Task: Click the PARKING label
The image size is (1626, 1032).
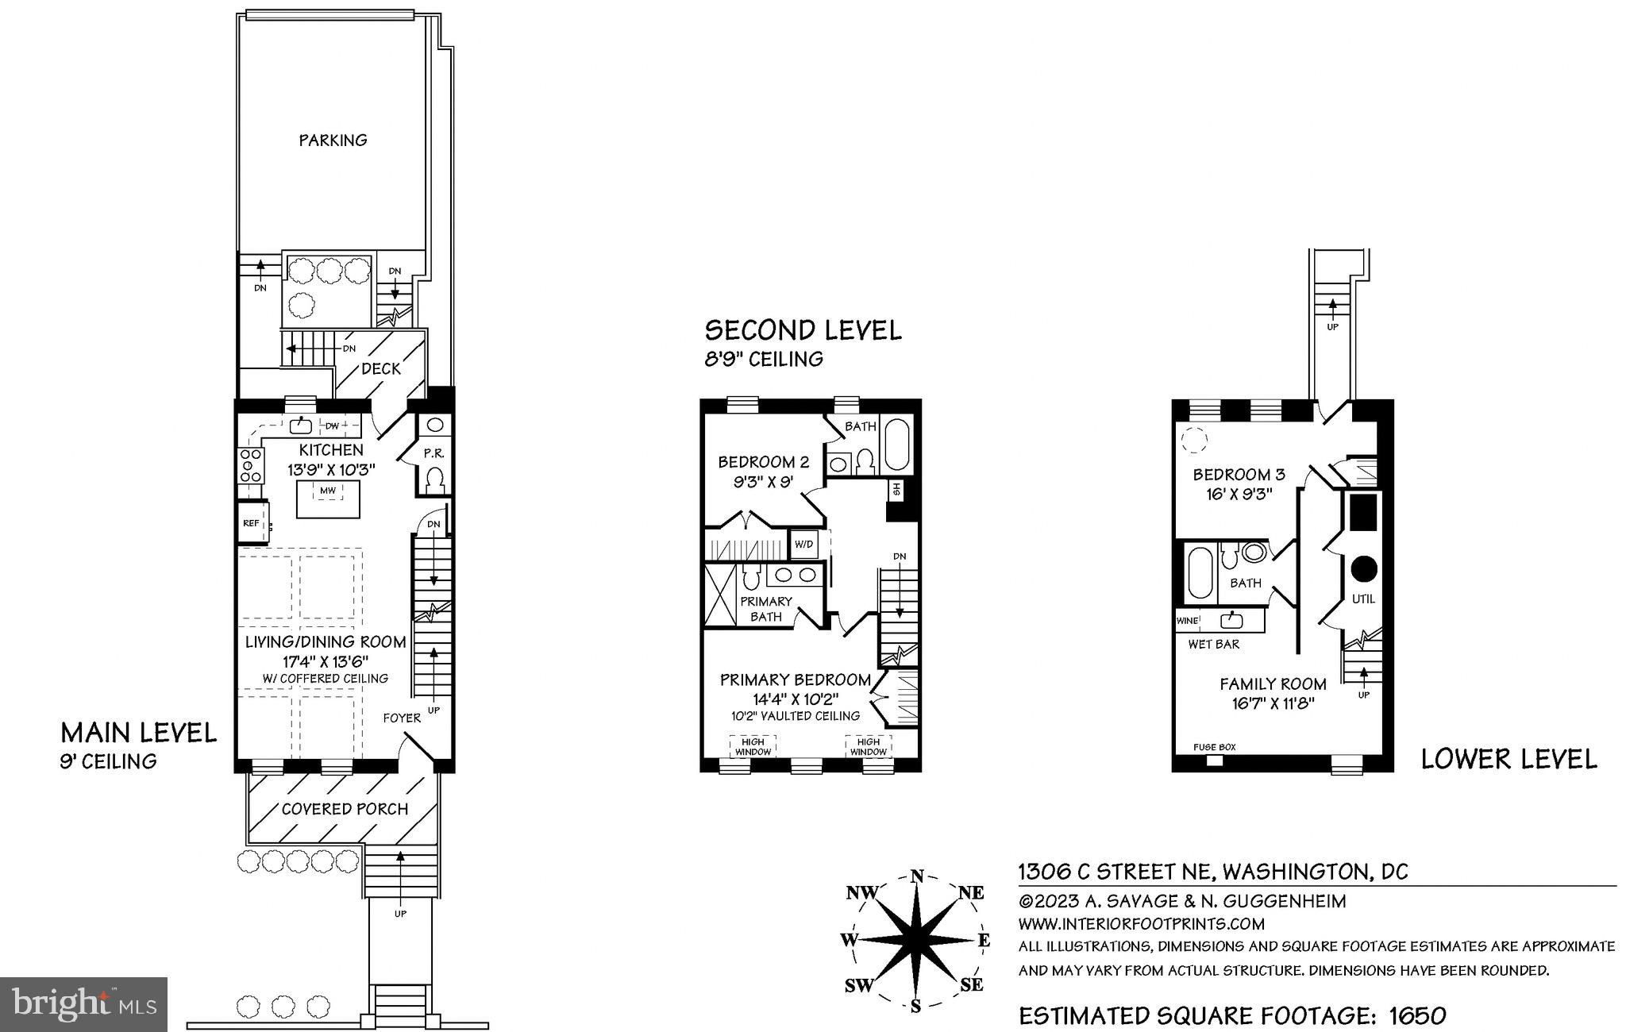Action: (333, 141)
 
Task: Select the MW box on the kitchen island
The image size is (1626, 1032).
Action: (328, 491)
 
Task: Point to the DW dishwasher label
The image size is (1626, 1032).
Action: (332, 426)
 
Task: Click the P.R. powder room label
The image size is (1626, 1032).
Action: (433, 454)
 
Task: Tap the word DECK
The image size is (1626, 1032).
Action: (381, 369)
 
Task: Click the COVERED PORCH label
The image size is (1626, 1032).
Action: (345, 809)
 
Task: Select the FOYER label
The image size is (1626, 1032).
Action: (402, 718)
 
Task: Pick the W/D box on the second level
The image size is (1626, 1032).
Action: (804, 545)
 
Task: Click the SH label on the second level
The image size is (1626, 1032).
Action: (896, 489)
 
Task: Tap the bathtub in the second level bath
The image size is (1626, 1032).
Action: (899, 443)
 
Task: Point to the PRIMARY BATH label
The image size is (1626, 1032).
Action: (766, 609)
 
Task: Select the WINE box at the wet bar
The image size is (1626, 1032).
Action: (1188, 620)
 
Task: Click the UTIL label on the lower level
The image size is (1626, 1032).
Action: (1363, 599)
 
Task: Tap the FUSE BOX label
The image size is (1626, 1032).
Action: (1215, 747)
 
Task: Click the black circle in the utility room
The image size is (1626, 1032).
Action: (1364, 568)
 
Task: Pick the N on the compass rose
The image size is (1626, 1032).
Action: (916, 877)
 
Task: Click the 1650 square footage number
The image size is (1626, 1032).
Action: (1417, 1015)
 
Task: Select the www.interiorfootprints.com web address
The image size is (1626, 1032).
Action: (1141, 924)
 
